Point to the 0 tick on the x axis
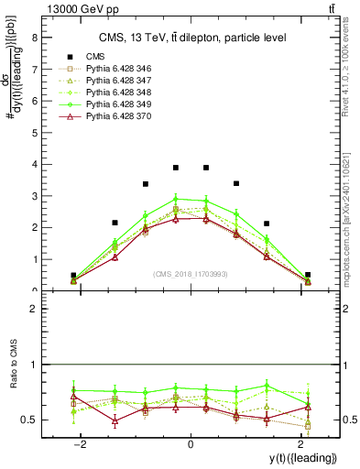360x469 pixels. tap(191, 444)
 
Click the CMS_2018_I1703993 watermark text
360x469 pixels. tap(191, 274)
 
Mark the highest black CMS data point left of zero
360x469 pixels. tap(176, 168)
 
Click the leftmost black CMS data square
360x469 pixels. tap(73, 275)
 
